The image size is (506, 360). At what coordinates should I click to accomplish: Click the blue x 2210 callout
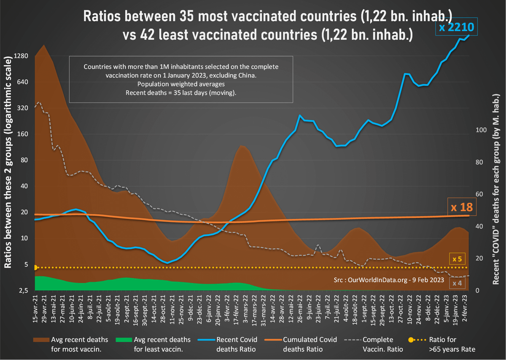click(x=456, y=28)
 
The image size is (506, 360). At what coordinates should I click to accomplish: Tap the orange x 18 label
click(x=460, y=207)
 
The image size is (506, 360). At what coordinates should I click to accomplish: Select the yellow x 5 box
click(x=457, y=259)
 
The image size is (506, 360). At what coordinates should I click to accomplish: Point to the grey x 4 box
click(x=457, y=283)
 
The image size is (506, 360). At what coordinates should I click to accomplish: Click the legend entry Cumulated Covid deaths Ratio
click(x=310, y=344)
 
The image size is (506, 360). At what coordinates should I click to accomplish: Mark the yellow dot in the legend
click(x=411, y=340)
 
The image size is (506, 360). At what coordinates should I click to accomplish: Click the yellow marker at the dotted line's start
click(x=35, y=267)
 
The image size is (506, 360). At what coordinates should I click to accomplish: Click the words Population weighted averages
click(x=180, y=84)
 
